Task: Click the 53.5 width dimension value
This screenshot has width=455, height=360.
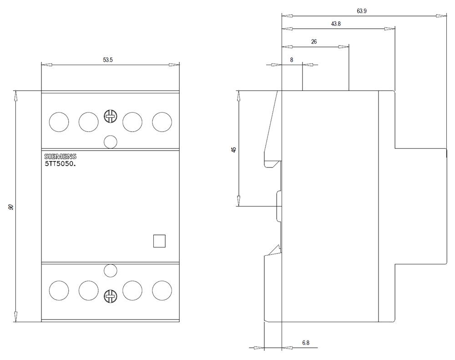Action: [x=107, y=60]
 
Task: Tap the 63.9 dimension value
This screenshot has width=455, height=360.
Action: [x=362, y=11]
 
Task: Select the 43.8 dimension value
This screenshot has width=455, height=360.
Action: [x=336, y=24]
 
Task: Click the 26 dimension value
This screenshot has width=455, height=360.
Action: [x=314, y=41]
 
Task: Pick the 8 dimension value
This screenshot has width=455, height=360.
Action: [x=292, y=60]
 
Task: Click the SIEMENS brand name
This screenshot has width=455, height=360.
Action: [x=61, y=157]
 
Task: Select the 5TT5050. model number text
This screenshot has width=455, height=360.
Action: [x=60, y=164]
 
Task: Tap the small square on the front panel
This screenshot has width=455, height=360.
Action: [x=159, y=241]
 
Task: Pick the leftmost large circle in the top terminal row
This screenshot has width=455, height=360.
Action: [x=59, y=122]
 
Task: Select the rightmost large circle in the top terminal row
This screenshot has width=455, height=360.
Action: [x=162, y=122]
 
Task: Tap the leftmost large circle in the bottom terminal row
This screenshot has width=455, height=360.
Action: [x=59, y=290]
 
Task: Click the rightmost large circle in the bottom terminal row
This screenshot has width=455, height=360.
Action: [x=162, y=290]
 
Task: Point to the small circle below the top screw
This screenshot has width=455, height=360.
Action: [x=110, y=142]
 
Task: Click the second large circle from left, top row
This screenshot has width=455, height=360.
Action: [x=88, y=122]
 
